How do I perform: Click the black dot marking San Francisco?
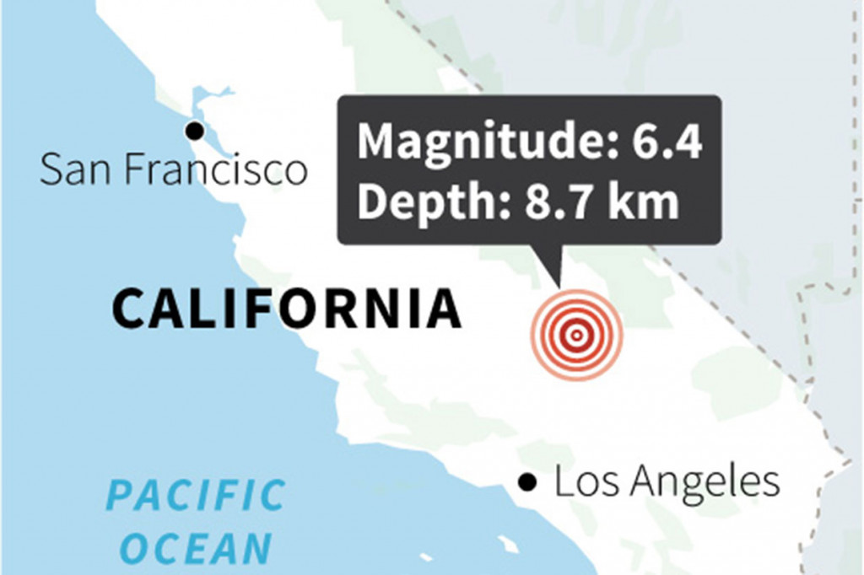point(195,131)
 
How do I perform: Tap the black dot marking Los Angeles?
point(528,482)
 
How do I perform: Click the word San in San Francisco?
point(78,170)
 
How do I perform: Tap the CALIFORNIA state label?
point(287,309)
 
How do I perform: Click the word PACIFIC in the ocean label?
point(196,496)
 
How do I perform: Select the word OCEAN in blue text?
point(195,550)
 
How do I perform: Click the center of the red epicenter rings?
point(576,335)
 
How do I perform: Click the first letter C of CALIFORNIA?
point(130,309)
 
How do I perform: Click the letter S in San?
point(51,170)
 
